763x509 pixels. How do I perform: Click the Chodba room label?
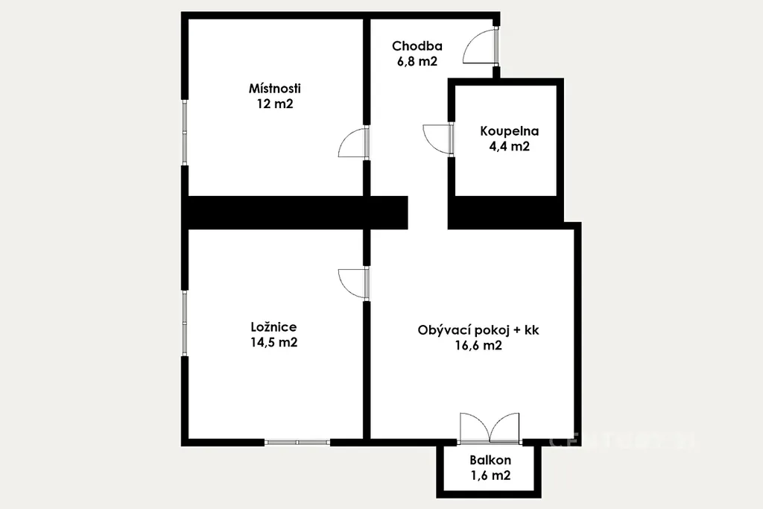pos(417,46)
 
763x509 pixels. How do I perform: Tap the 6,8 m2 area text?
pos(417,61)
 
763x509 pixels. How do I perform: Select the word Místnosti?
pos(275,89)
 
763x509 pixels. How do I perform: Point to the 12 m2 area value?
pos(275,104)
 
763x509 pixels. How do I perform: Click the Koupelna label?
pos(510,131)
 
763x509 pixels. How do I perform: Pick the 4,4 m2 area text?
pos(510,147)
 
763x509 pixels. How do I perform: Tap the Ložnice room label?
pos(273,327)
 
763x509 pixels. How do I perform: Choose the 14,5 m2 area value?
pos(274,342)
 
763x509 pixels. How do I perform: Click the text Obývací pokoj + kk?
pos(478,330)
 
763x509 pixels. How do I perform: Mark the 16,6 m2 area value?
pos(478,346)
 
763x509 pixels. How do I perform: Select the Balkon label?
pos(490,461)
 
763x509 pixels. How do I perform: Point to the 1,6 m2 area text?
pos(490,475)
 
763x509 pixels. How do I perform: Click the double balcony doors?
pos(490,428)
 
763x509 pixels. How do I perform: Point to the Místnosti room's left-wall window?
pos(185,133)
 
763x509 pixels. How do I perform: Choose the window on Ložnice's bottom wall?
pos(297,443)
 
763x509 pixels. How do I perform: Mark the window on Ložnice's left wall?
pos(185,323)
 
